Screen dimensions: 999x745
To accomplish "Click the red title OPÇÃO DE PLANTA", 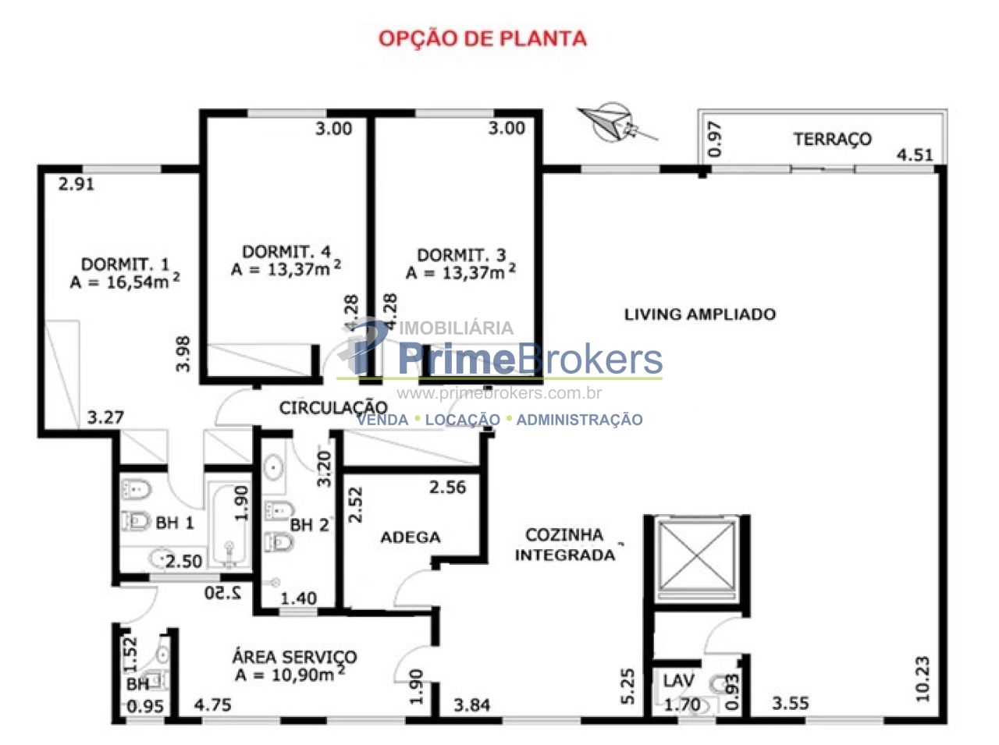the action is [482, 38].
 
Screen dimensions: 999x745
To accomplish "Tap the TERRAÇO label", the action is [833, 139].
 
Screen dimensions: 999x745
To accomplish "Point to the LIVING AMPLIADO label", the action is [700, 314].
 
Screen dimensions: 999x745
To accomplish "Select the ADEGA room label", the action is [411, 537].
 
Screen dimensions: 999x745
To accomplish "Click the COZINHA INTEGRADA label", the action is [564, 545].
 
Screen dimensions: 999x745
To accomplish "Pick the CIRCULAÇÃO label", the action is [333, 408].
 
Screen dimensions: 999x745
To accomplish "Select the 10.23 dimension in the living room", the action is [922, 679].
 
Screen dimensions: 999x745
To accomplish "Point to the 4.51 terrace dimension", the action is [915, 155].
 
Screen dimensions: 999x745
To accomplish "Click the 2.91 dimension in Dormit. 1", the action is [76, 184].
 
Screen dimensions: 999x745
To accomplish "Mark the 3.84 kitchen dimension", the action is [472, 705].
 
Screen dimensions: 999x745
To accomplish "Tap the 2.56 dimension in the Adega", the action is [447, 487].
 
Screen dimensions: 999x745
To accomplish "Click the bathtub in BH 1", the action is [229, 526].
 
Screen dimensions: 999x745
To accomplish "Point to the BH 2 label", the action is [310, 525].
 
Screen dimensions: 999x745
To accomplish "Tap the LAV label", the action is [678, 681].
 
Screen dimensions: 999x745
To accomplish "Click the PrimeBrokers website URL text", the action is [499, 392].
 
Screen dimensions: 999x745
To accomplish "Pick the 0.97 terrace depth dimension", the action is [715, 139].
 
